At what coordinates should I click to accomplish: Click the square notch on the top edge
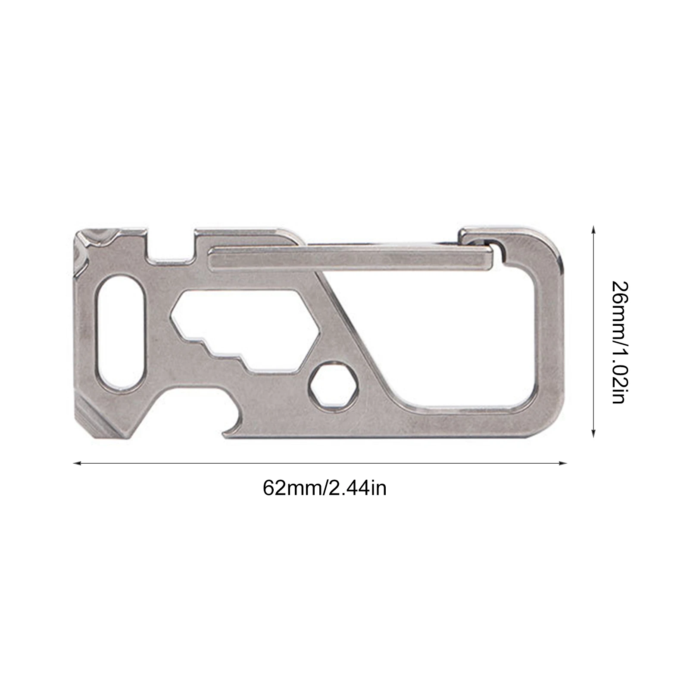point(170,246)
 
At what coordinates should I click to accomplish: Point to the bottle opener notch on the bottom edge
point(235,425)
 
